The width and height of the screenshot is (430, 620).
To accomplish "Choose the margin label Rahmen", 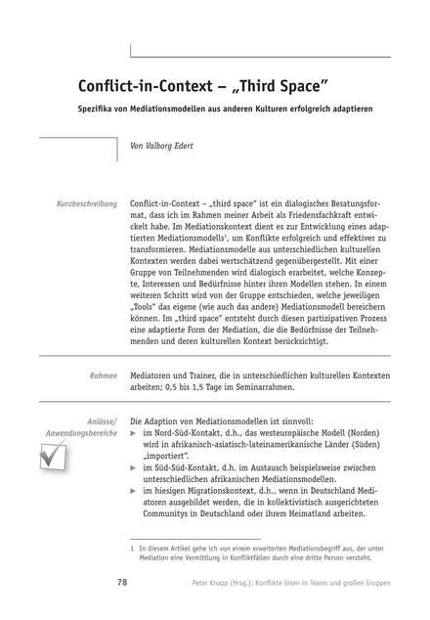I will click(102, 375).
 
